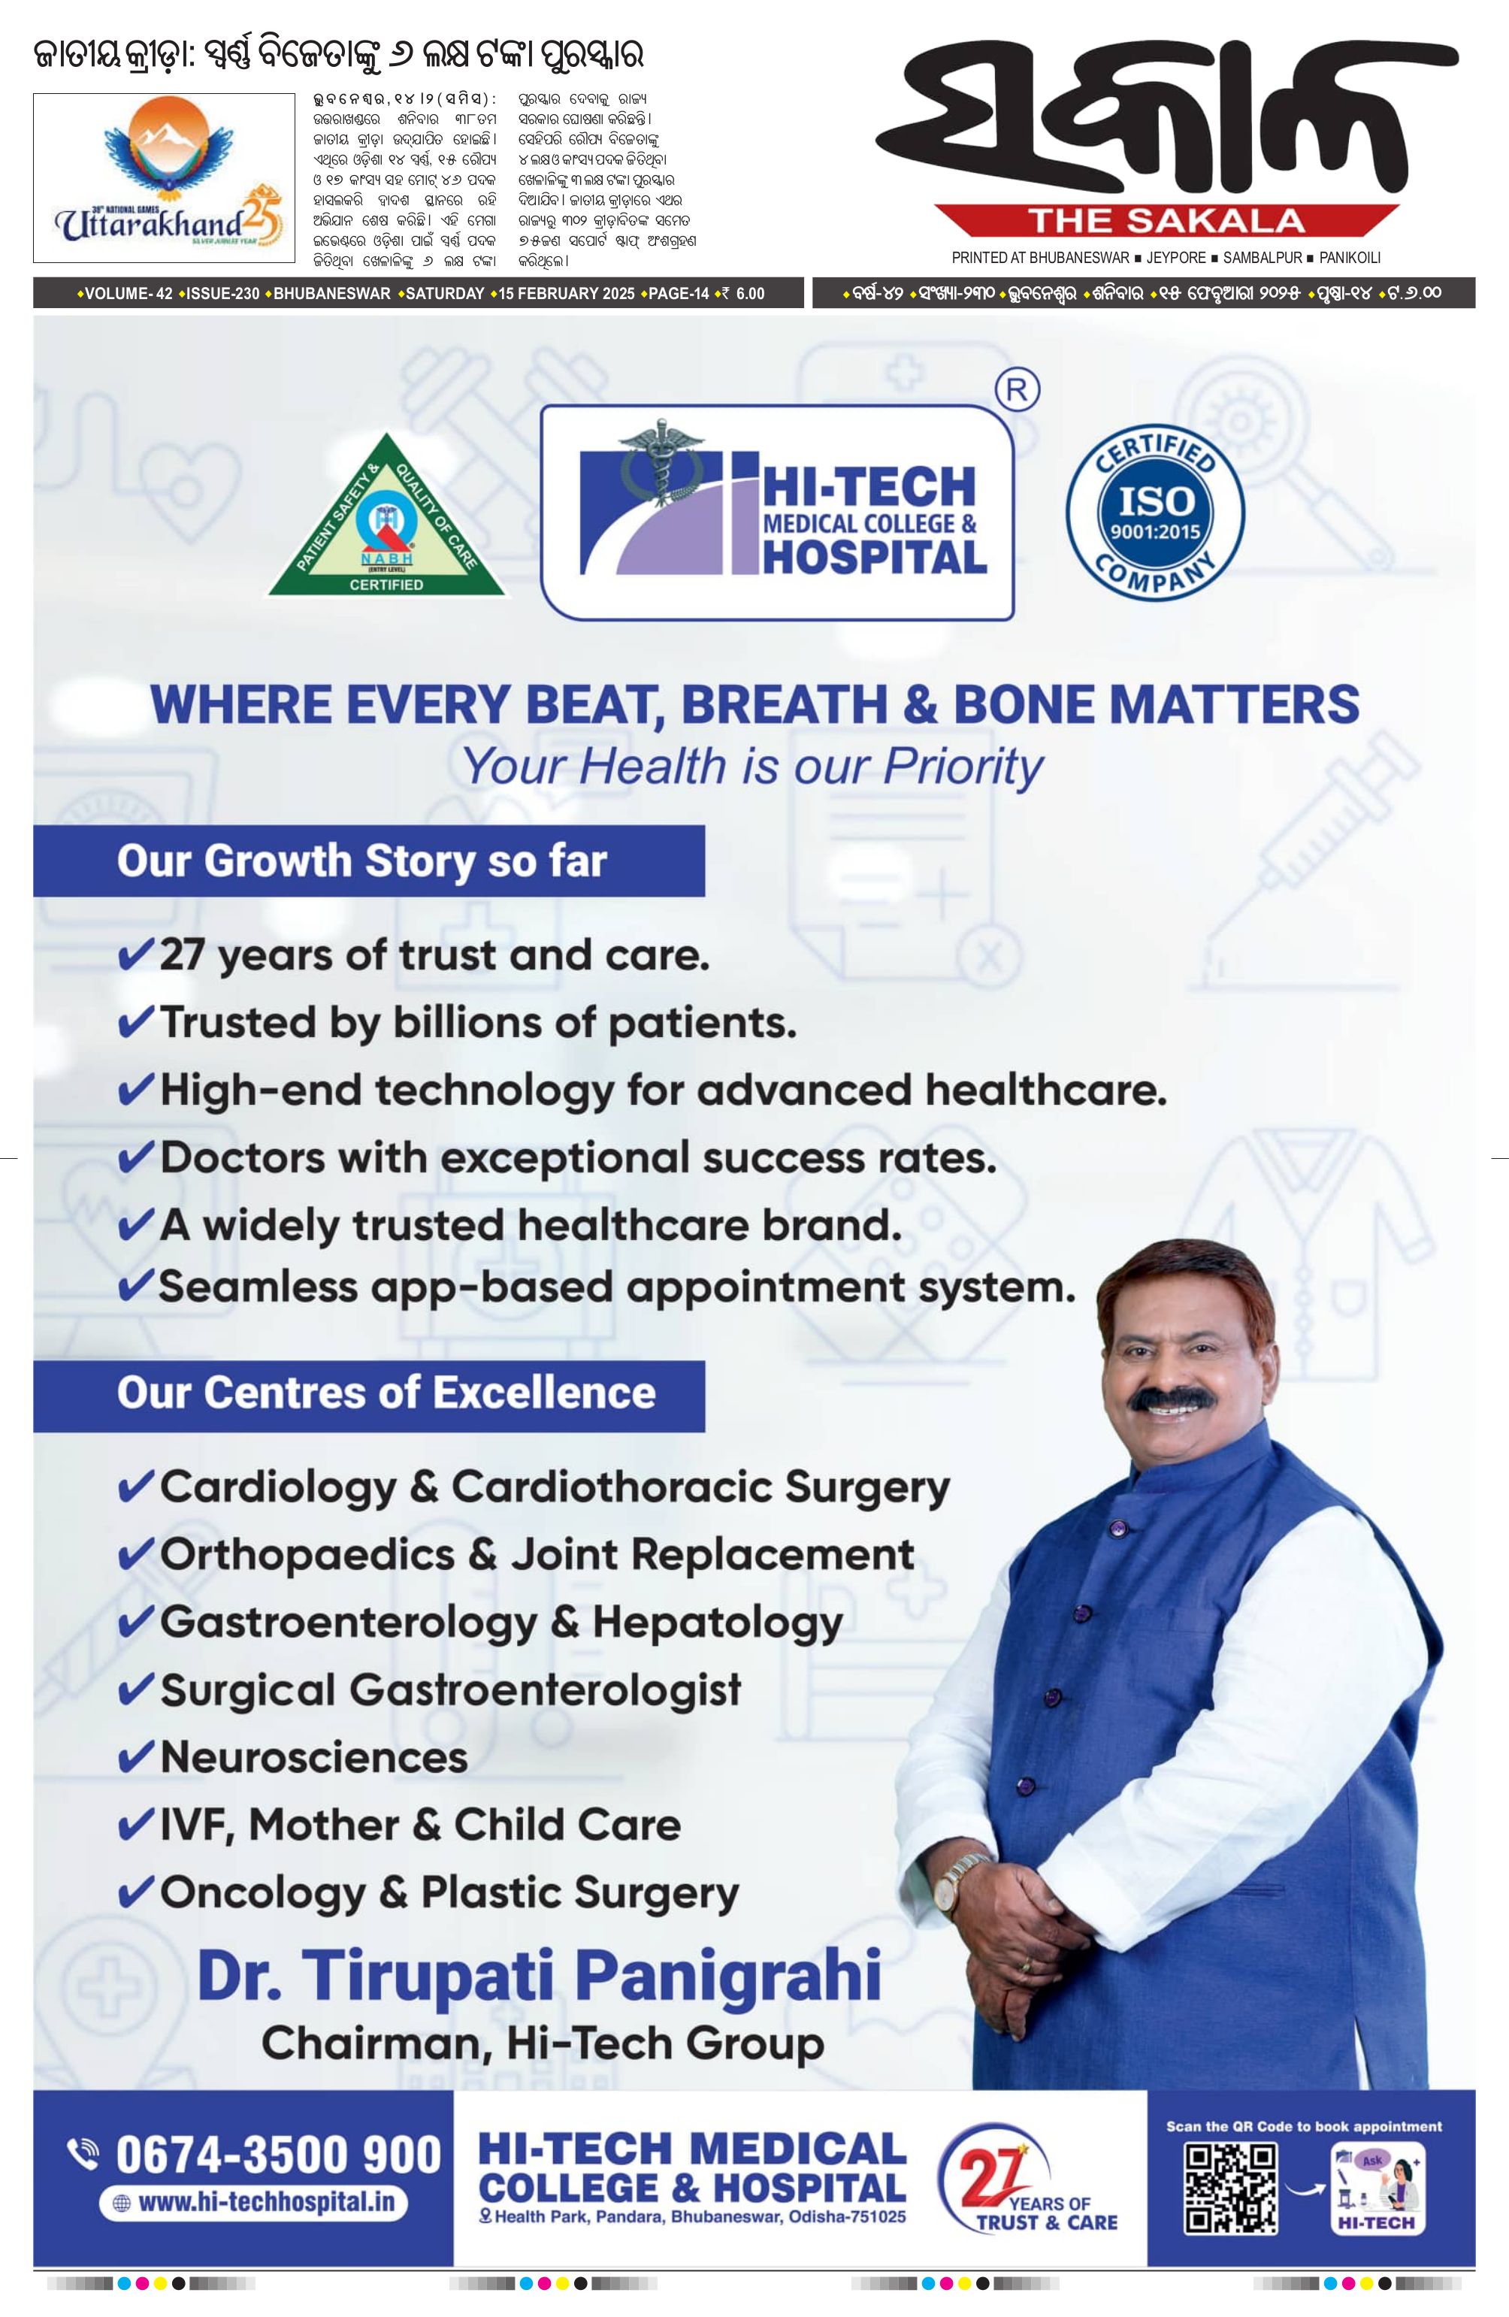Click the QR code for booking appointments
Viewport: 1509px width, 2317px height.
[x=1230, y=2188]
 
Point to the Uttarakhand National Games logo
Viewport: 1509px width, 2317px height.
[x=165, y=178]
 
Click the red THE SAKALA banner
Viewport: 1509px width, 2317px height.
[x=1166, y=222]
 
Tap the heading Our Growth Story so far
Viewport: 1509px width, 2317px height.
[x=361, y=861]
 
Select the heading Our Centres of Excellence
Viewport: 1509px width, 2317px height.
[x=386, y=1392]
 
